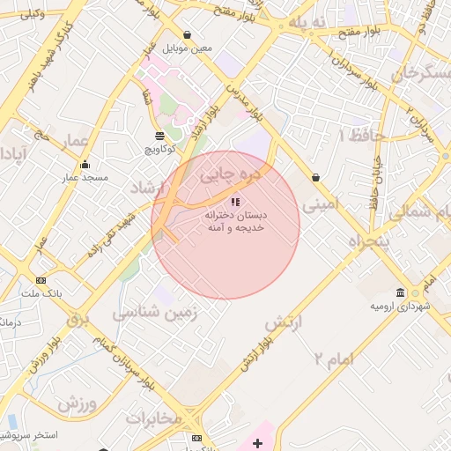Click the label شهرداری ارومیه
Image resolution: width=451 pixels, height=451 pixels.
tap(400, 307)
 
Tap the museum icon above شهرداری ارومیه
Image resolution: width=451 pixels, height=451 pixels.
tap(401, 292)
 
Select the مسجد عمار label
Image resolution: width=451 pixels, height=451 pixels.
tap(85, 178)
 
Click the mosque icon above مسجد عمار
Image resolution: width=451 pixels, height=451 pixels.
tap(85, 164)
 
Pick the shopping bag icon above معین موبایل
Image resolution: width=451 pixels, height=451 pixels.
tap(188, 35)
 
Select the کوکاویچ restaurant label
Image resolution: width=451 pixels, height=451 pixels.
tap(159, 150)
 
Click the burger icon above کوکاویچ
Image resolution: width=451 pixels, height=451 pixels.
tap(159, 136)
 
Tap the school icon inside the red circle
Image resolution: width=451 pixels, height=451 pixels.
tap(234, 202)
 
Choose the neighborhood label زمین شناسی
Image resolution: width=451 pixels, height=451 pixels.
tap(157, 311)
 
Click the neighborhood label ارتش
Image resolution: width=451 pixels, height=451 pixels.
tap(284, 323)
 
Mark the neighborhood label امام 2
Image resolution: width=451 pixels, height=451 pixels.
tap(331, 357)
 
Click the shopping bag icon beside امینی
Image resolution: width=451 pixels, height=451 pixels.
tap(315, 178)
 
